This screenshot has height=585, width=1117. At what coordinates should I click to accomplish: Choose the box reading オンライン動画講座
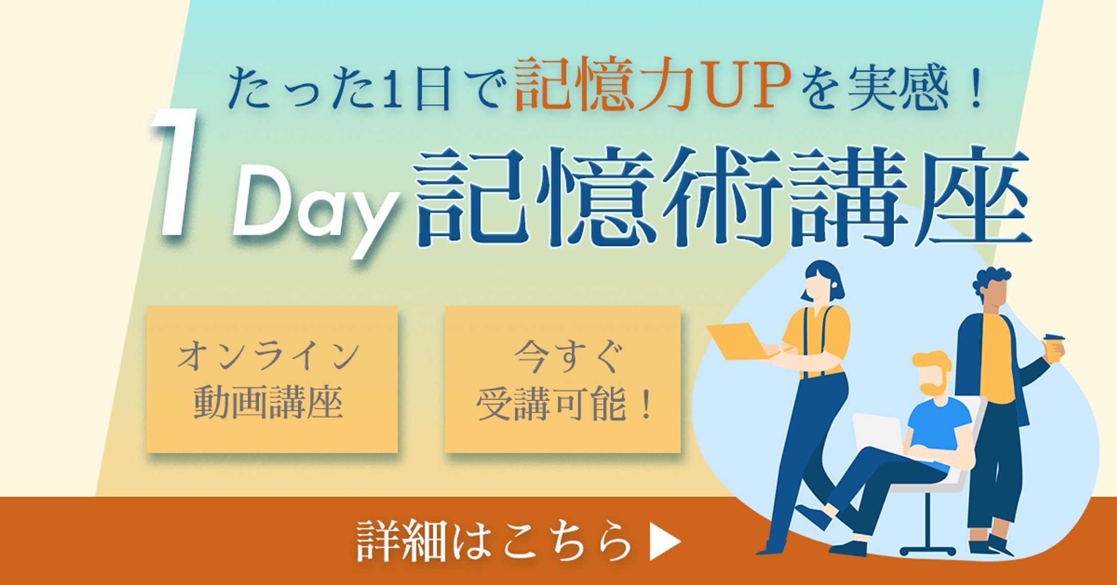(272, 379)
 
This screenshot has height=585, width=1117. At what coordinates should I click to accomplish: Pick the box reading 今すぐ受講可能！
(563, 379)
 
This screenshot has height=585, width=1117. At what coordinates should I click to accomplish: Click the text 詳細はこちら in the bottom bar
(493, 541)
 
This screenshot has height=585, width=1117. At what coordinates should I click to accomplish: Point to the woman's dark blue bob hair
(823, 279)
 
